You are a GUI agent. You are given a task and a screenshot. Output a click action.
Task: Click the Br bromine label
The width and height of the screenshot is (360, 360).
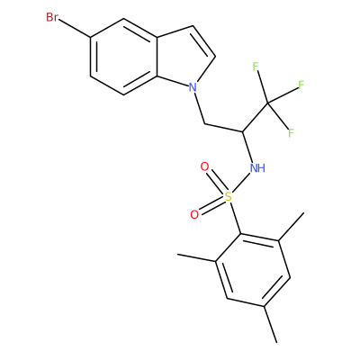tap(52, 17)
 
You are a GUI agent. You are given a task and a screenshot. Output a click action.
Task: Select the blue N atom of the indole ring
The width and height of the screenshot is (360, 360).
tap(193, 87)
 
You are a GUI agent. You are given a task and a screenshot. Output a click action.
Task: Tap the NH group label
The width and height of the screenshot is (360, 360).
tap(257, 167)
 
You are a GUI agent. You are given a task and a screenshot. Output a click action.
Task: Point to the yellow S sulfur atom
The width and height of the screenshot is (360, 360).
tap(229, 197)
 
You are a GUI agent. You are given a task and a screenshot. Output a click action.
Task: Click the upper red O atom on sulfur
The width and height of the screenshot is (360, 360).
tap(204, 166)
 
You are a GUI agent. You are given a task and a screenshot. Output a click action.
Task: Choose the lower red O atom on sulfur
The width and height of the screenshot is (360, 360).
tap(194, 215)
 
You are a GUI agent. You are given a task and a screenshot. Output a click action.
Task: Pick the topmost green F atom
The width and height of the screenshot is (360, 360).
tap(256, 67)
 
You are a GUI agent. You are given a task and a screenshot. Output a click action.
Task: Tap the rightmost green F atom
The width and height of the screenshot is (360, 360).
tap(301, 85)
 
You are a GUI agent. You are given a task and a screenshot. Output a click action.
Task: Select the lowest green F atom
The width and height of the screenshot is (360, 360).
tap(291, 133)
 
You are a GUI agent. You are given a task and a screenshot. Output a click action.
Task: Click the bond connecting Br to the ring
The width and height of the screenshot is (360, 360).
tap(75, 29)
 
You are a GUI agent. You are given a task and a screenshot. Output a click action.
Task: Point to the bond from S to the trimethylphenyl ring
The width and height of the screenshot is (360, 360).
tap(236, 218)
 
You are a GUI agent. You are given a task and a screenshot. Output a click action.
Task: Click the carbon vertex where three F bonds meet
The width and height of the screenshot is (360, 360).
tap(268, 103)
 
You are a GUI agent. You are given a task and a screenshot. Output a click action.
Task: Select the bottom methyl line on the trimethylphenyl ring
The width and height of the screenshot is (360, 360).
tap(270, 324)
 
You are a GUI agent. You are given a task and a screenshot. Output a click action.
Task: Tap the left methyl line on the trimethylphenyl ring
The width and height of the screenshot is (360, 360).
tap(196, 258)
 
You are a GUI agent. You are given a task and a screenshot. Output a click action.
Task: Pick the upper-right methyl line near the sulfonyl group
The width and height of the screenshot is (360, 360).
tap(292, 227)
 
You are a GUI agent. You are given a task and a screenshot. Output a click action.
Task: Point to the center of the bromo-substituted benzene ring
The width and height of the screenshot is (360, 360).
tap(123, 57)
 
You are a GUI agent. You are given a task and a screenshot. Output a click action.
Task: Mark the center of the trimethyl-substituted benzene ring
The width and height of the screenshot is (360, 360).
tap(253, 270)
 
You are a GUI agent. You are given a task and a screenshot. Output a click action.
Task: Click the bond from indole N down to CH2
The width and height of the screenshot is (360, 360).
tap(200, 108)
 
